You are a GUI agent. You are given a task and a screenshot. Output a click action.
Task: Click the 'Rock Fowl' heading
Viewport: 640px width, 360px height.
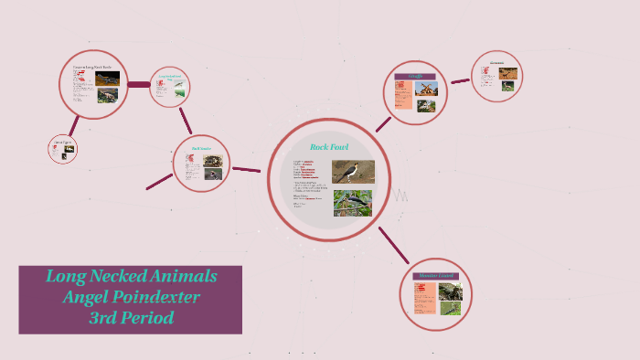[329, 146]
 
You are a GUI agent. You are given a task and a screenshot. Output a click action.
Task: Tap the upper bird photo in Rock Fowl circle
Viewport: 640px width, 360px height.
[353, 171]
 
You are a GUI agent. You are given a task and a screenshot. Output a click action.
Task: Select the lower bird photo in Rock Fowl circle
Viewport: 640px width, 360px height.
[352, 202]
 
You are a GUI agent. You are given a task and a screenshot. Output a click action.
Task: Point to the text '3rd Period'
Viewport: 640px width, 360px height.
[131, 318]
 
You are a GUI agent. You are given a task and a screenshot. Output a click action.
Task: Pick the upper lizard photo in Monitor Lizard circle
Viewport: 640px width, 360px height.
[451, 291]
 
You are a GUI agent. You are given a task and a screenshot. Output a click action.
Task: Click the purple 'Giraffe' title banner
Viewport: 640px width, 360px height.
[415, 77]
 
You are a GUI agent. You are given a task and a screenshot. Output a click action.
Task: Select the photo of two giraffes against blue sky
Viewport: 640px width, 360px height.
[427, 90]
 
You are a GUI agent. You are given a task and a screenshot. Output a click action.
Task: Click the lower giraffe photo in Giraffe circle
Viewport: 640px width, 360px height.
[425, 106]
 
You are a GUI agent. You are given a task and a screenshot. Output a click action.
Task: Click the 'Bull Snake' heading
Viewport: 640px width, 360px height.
[201, 147]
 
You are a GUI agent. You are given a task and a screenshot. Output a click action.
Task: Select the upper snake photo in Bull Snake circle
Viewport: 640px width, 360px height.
[213, 160]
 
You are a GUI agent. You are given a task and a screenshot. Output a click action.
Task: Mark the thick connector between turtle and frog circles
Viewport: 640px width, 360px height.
[138, 85]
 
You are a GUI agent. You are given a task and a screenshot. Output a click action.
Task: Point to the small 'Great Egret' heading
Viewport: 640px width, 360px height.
[62, 143]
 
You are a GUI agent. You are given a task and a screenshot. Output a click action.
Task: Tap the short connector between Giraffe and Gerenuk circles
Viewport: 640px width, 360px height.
[460, 81]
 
